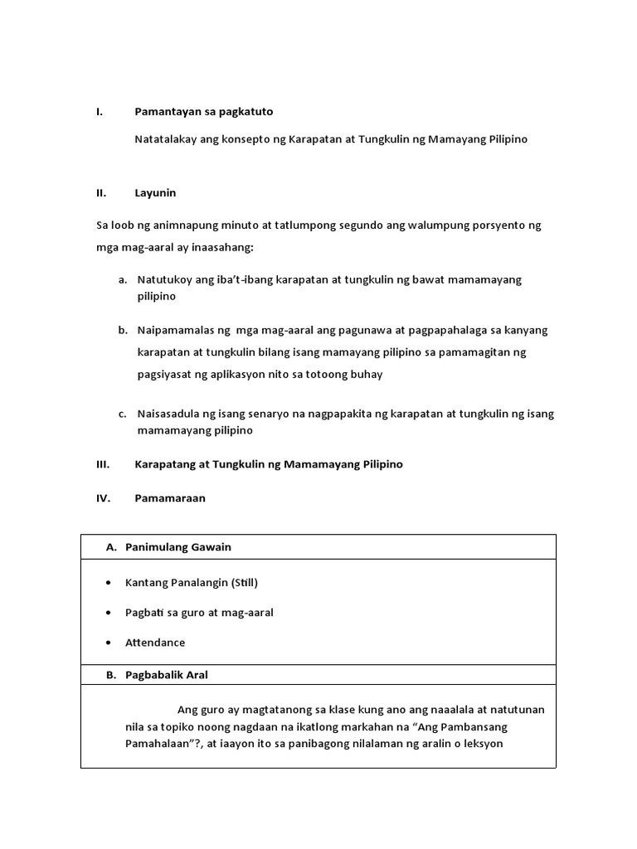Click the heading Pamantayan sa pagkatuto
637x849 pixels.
[x=204, y=111]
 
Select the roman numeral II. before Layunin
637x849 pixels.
[x=101, y=193]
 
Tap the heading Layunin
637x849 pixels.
[x=155, y=193]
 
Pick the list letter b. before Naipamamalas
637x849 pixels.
[x=122, y=330]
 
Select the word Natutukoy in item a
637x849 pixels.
[x=164, y=280]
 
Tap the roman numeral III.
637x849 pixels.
[x=103, y=464]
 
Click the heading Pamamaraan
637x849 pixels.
[x=170, y=498]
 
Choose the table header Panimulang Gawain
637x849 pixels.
[x=178, y=547]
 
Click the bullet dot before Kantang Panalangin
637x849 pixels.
[x=109, y=583]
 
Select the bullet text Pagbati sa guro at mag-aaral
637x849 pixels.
[x=199, y=613]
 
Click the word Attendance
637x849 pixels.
[x=155, y=643]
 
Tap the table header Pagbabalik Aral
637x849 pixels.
[x=167, y=675]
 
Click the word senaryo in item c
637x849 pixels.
[x=257, y=414]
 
